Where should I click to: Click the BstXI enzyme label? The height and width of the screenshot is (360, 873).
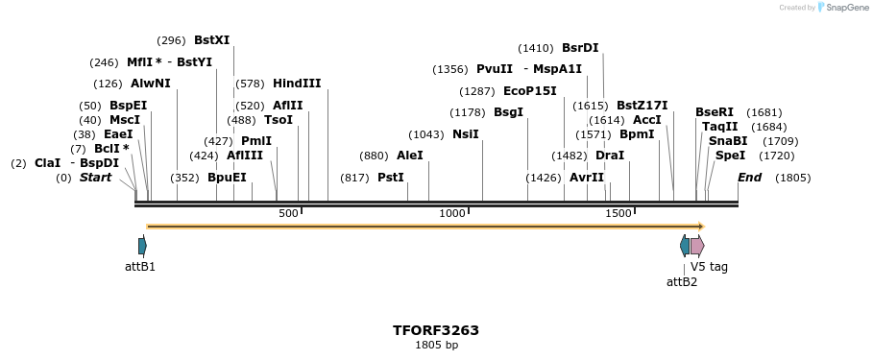tap(211, 40)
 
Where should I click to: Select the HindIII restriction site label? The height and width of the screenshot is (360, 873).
tap(297, 84)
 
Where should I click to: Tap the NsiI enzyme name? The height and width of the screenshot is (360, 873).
tap(465, 134)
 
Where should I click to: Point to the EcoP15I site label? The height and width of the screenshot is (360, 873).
tap(529, 91)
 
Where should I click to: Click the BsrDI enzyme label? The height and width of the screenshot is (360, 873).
tap(580, 48)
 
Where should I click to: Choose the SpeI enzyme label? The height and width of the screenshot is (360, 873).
tap(730, 156)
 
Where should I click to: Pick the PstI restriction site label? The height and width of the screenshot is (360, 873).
tap(390, 178)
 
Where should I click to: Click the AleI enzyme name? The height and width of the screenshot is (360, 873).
tap(409, 156)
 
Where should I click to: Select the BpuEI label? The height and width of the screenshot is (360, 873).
tap(227, 178)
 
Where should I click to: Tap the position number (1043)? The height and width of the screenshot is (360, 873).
tap(426, 134)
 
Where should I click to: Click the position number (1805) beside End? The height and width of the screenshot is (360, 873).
tap(792, 178)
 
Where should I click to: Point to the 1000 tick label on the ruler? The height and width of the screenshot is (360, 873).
tap(451, 213)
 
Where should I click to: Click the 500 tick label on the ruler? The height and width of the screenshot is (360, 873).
tap(288, 213)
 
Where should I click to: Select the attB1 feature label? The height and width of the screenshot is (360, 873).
tap(140, 267)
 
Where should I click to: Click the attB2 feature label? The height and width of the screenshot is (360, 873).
tap(682, 281)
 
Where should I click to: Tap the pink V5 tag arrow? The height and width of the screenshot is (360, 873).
tap(697, 246)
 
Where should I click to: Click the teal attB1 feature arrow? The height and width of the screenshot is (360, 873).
tap(142, 246)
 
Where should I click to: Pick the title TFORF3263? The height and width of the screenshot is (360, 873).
tap(436, 330)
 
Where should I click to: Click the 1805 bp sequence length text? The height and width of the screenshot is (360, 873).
tap(436, 345)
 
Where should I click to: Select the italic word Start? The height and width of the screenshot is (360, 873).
tap(95, 178)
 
